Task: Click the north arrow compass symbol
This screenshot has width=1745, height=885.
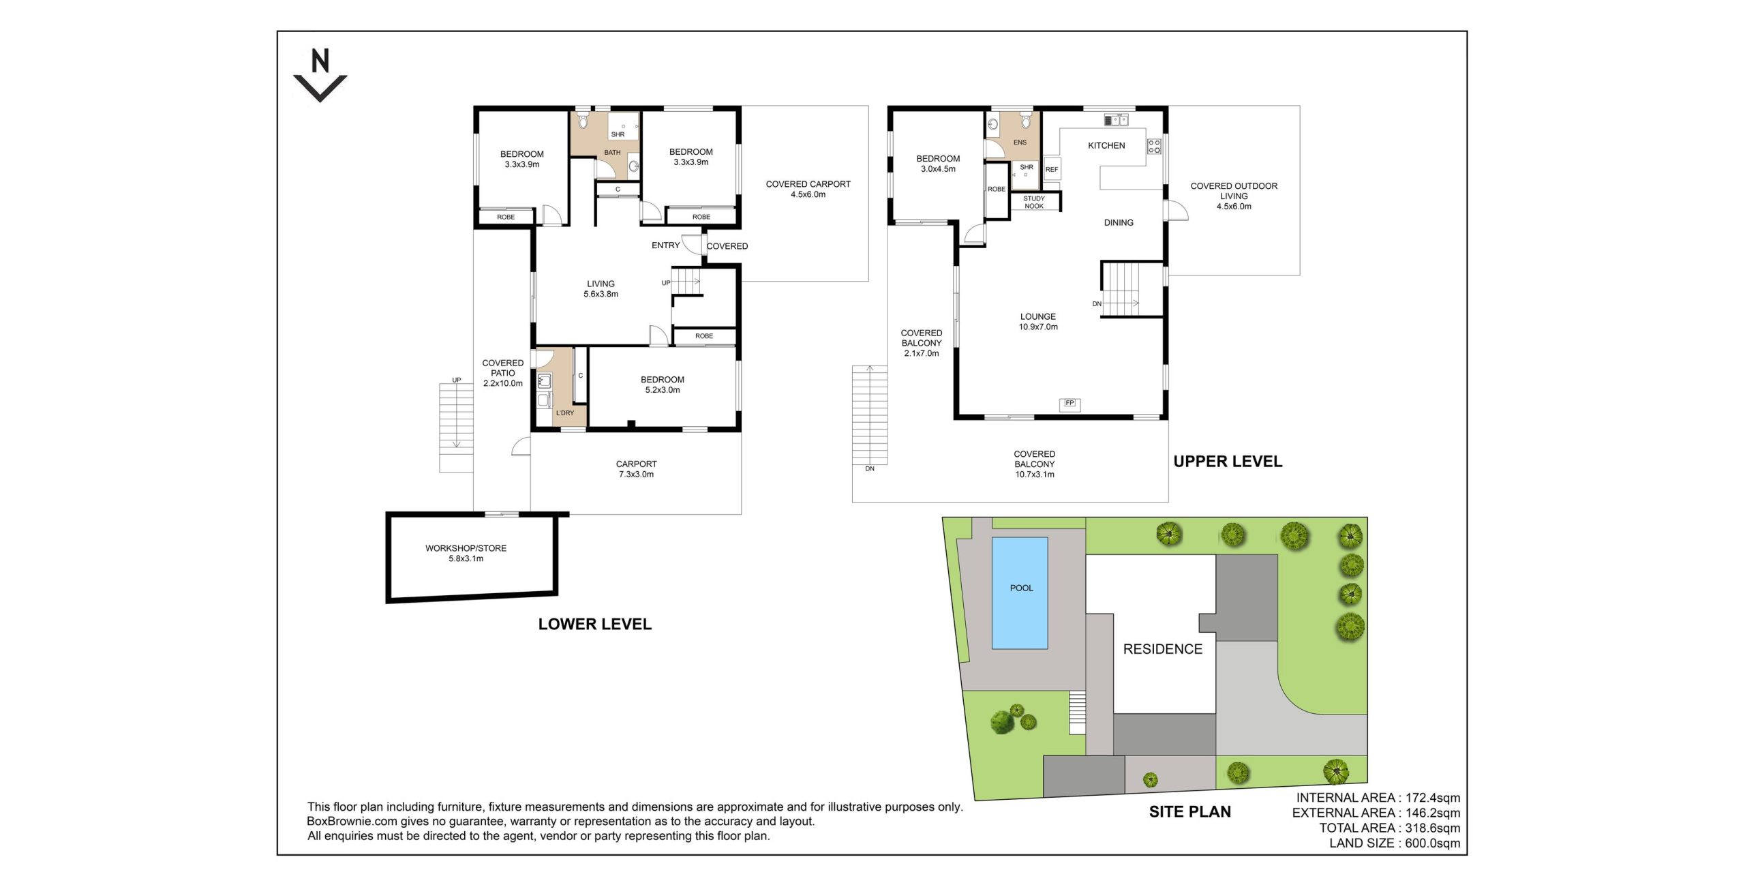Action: [320, 75]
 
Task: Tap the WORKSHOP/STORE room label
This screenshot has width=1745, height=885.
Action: [466, 548]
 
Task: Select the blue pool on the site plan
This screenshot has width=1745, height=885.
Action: [1019, 592]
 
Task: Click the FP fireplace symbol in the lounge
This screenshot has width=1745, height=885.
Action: [1069, 403]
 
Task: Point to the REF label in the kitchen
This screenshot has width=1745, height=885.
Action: [1052, 170]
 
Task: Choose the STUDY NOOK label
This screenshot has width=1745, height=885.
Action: [1034, 202]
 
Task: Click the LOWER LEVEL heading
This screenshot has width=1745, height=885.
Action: [594, 624]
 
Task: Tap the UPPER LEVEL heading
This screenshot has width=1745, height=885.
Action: [1228, 462]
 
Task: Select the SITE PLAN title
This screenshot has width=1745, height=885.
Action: [1189, 811]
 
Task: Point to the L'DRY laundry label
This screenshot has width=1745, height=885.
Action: [564, 413]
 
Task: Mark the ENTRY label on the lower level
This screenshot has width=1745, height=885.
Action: [665, 245]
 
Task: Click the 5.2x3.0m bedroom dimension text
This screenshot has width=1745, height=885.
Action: [663, 390]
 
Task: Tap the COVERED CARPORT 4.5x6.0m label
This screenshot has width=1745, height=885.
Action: [808, 189]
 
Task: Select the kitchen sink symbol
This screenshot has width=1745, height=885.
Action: [1116, 120]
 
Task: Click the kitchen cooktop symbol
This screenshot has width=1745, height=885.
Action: [1154, 146]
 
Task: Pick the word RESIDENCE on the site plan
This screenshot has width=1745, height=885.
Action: [1163, 649]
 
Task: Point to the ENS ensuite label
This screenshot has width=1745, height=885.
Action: [1020, 142]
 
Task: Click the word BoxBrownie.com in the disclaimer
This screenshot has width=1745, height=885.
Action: [352, 822]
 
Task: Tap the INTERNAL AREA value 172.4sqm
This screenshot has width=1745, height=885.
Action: [1433, 798]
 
